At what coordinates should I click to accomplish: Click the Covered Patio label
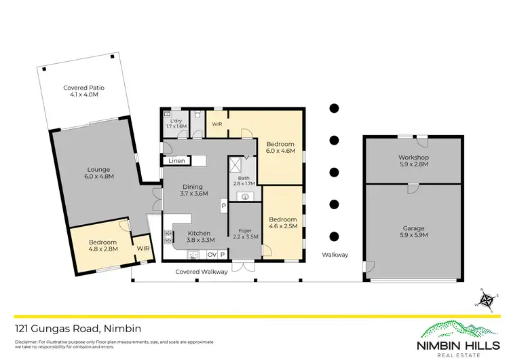(x=83, y=91)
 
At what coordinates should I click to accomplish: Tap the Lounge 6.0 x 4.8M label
(x=98, y=173)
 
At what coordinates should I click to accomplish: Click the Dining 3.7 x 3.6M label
(x=193, y=190)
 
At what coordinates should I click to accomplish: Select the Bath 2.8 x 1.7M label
(x=244, y=180)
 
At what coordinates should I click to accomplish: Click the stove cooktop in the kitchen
(x=169, y=236)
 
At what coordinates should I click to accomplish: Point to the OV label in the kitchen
(x=211, y=255)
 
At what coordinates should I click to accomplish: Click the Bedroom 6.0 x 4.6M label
(x=280, y=148)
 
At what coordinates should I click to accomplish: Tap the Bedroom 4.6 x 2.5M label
(x=282, y=223)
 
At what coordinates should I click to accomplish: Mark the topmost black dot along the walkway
(x=334, y=108)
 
